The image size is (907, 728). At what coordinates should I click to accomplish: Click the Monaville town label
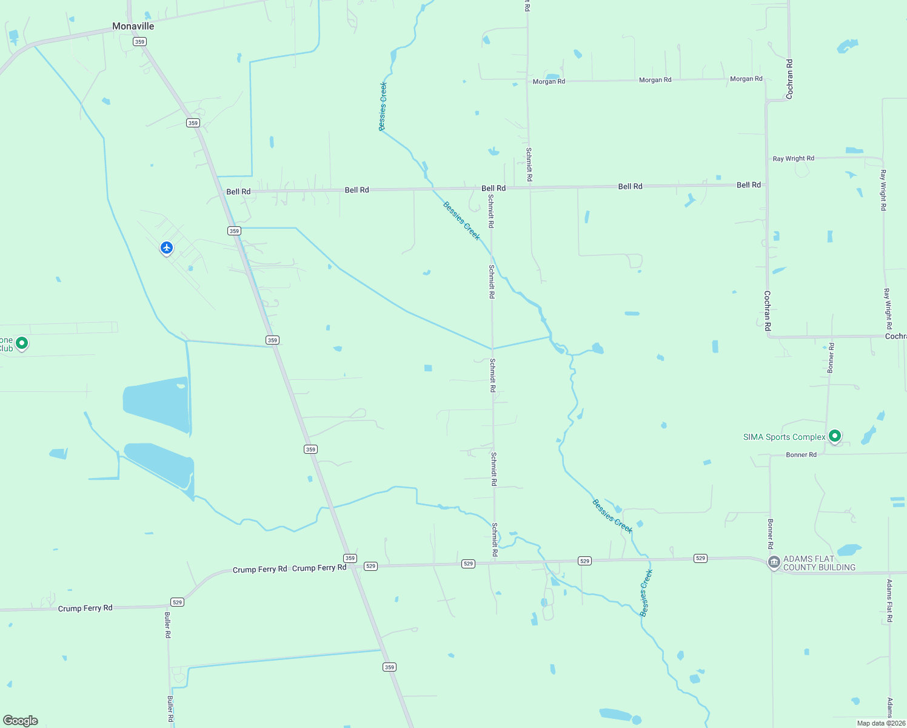point(133,26)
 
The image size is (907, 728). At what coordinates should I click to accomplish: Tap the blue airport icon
point(167,248)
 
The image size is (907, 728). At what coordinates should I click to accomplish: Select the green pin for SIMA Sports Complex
point(835,436)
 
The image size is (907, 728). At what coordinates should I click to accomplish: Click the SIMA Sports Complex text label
point(784,437)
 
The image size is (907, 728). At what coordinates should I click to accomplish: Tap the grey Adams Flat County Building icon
point(774,562)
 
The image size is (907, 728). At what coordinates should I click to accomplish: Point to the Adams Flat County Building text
point(819,563)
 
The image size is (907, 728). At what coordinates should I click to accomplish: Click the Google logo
point(21,720)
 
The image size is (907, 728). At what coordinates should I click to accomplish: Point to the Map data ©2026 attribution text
point(881,723)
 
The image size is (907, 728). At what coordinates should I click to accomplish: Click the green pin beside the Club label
point(22,343)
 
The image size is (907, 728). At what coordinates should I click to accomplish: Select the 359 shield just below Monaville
point(140,42)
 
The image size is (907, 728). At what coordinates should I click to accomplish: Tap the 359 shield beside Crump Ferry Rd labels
point(350,558)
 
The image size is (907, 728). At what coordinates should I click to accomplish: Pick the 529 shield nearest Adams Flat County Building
point(700,558)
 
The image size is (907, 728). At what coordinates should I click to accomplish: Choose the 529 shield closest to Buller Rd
point(177,602)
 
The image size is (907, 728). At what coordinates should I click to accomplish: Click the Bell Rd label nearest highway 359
point(238,192)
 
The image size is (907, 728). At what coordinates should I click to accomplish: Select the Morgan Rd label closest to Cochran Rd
point(746,79)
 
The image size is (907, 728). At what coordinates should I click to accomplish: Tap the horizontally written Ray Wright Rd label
point(793,158)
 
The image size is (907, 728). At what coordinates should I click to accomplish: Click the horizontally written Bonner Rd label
point(801,454)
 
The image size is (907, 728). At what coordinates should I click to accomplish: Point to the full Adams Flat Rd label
point(889,601)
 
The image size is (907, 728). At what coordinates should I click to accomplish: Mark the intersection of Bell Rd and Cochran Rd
point(766,184)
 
